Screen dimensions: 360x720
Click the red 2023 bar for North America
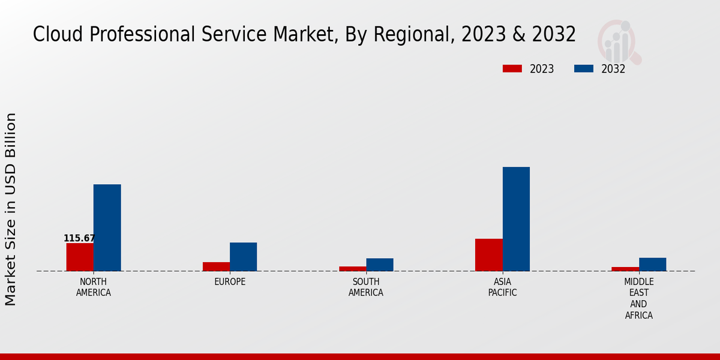[80, 257]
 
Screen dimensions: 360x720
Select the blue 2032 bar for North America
[107, 227]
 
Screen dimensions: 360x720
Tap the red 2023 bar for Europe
[216, 266]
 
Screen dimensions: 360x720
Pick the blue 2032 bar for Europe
[243, 257]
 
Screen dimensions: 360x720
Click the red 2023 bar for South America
[352, 269]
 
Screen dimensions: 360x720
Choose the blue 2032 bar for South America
[380, 265]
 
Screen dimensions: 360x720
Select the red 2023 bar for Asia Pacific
[488, 255]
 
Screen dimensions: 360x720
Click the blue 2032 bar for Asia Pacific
[516, 219]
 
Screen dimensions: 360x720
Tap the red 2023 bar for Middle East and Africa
[625, 269]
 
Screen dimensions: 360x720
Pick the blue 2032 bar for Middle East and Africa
[652, 265]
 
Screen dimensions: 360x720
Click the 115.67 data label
[79, 238]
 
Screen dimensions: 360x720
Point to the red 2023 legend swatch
[512, 69]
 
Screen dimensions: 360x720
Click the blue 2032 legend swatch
[584, 69]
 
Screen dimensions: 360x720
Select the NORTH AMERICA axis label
[94, 287]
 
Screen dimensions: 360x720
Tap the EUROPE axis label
[230, 282]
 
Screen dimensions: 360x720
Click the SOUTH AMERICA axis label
[366, 287]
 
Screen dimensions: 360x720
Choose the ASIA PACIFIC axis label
[503, 287]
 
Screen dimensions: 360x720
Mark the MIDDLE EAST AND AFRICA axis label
[639, 299]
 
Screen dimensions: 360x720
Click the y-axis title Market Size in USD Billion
[11, 209]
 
